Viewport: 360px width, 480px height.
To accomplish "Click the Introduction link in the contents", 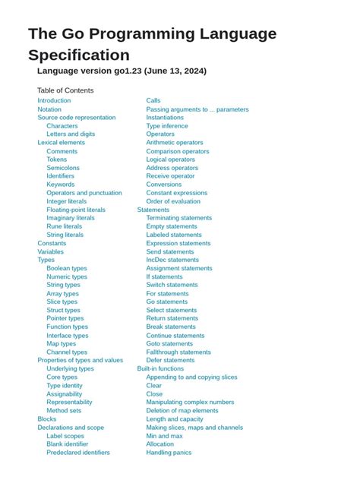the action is pyautogui.click(x=54, y=100).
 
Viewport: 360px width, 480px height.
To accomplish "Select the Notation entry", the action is pyautogui.click(x=49, y=109).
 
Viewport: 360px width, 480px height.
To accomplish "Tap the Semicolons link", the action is pyautogui.click(x=63, y=168).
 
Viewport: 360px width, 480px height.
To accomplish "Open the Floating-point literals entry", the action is pyautogui.click(x=76, y=210).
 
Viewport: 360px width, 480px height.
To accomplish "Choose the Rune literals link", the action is pyautogui.click(x=65, y=226).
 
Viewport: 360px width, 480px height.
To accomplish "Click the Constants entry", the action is pyautogui.click(x=52, y=243).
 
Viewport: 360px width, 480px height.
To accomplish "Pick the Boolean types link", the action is pyautogui.click(x=67, y=268).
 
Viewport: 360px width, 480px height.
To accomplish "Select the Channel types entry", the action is pyautogui.click(x=67, y=352).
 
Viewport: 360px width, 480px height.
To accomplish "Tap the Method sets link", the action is pyautogui.click(x=64, y=411).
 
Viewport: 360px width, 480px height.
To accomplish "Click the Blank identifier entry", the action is pyautogui.click(x=68, y=444).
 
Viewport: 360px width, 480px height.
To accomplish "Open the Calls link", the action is pyautogui.click(x=153, y=100).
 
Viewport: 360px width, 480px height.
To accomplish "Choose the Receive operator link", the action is pyautogui.click(x=171, y=176).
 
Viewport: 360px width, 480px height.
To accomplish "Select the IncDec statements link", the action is pyautogui.click(x=173, y=260).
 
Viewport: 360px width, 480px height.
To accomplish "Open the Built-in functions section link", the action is pyautogui.click(x=160, y=369).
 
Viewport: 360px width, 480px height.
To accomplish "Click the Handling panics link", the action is pyautogui.click(x=169, y=453).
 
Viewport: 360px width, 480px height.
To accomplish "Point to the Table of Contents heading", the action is pyautogui.click(x=65, y=90).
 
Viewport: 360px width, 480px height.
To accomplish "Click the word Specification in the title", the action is pyautogui.click(x=79, y=55).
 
